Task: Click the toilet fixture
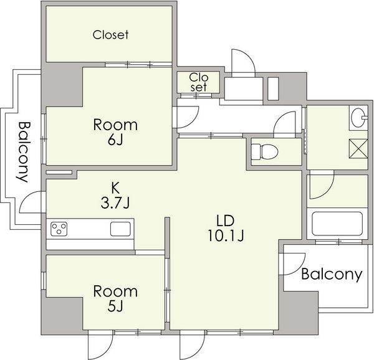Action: click(265, 151)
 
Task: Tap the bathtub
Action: click(337, 224)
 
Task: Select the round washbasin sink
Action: click(358, 118)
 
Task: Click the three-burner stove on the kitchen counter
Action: click(59, 229)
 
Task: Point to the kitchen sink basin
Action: click(120, 229)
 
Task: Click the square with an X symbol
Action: click(358, 148)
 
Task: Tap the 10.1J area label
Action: click(226, 236)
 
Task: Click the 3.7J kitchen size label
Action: click(115, 203)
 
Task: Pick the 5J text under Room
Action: click(115, 306)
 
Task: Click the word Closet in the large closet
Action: click(111, 35)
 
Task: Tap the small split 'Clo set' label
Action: click(199, 82)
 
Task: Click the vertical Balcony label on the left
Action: click(23, 152)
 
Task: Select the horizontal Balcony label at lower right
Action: click(332, 275)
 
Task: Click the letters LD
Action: click(225, 220)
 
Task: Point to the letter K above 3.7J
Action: click(115, 188)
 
